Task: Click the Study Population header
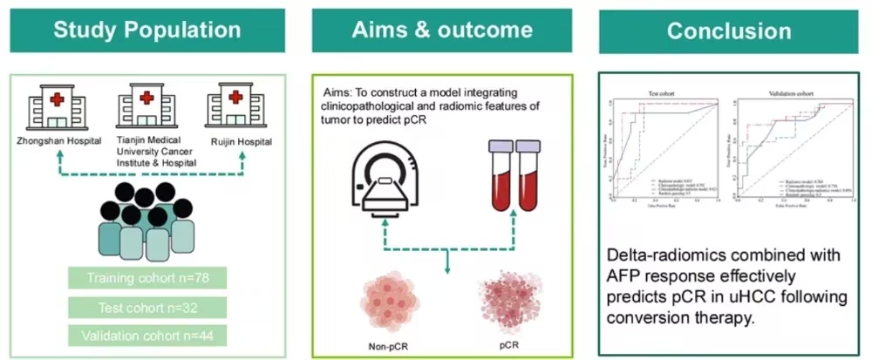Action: pos(146,31)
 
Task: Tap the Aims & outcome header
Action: pos(442,31)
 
